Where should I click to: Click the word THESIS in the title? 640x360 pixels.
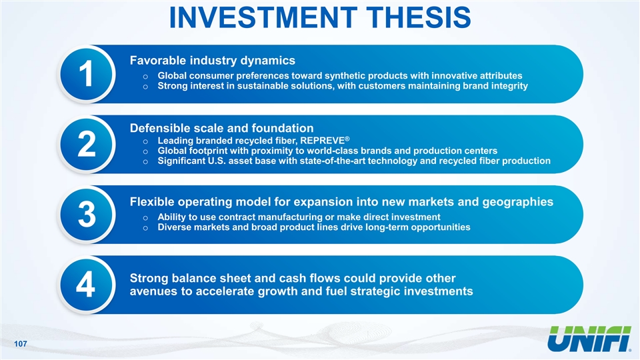[x=419, y=17]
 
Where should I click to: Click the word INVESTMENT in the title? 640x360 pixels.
[x=263, y=17]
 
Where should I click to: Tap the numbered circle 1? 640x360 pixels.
[x=87, y=74]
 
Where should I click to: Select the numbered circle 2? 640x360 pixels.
[x=87, y=144]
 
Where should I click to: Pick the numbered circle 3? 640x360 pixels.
[x=87, y=214]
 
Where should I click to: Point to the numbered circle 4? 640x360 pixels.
[x=87, y=285]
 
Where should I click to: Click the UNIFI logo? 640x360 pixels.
[x=589, y=339]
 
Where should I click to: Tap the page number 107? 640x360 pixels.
[x=21, y=344]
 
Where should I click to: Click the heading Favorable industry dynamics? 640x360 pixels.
[x=212, y=61]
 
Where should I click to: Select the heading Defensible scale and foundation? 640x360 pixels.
[x=221, y=128]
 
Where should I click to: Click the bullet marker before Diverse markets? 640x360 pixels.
[x=145, y=228]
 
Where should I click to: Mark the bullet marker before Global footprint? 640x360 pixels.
[x=145, y=152]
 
